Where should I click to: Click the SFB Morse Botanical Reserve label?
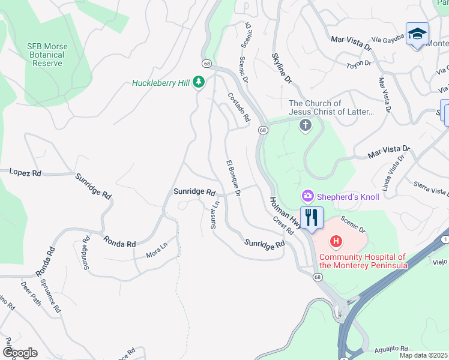point(47,55)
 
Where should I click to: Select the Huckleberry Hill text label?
point(160,83)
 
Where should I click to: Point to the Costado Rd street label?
point(238,107)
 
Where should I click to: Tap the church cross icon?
point(306,125)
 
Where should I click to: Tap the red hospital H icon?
point(336,242)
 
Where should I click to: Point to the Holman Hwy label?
point(285,213)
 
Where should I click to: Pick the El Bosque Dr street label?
point(233,179)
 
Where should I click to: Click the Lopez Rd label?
point(25,172)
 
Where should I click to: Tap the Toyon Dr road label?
point(360,64)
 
